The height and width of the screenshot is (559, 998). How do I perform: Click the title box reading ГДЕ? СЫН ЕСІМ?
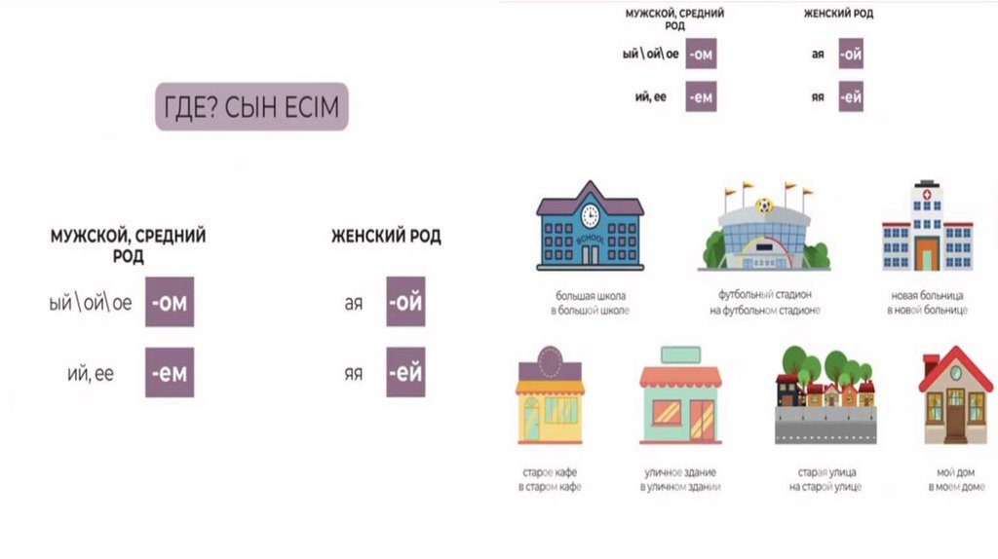tap(251, 106)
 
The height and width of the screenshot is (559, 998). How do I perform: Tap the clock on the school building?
tap(590, 213)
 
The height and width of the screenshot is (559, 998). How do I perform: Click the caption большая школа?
tap(590, 294)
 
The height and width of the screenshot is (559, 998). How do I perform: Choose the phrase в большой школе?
tap(590, 311)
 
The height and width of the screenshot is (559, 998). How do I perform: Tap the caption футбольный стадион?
tap(765, 294)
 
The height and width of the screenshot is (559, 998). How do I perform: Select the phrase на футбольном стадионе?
tap(765, 311)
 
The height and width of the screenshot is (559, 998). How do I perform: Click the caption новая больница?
tap(927, 294)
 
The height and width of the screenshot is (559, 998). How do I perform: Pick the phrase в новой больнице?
tap(927, 311)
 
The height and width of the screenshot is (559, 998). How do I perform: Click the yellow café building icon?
tap(550, 399)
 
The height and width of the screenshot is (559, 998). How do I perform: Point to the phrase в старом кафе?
tap(550, 486)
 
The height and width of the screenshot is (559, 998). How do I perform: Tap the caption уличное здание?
tap(680, 470)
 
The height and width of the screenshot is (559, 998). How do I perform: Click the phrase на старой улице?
tap(825, 486)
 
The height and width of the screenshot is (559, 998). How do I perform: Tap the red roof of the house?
tap(955, 366)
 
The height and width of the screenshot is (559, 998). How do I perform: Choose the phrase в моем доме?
tap(955, 486)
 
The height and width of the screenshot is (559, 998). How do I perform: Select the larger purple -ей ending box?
tap(405, 372)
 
